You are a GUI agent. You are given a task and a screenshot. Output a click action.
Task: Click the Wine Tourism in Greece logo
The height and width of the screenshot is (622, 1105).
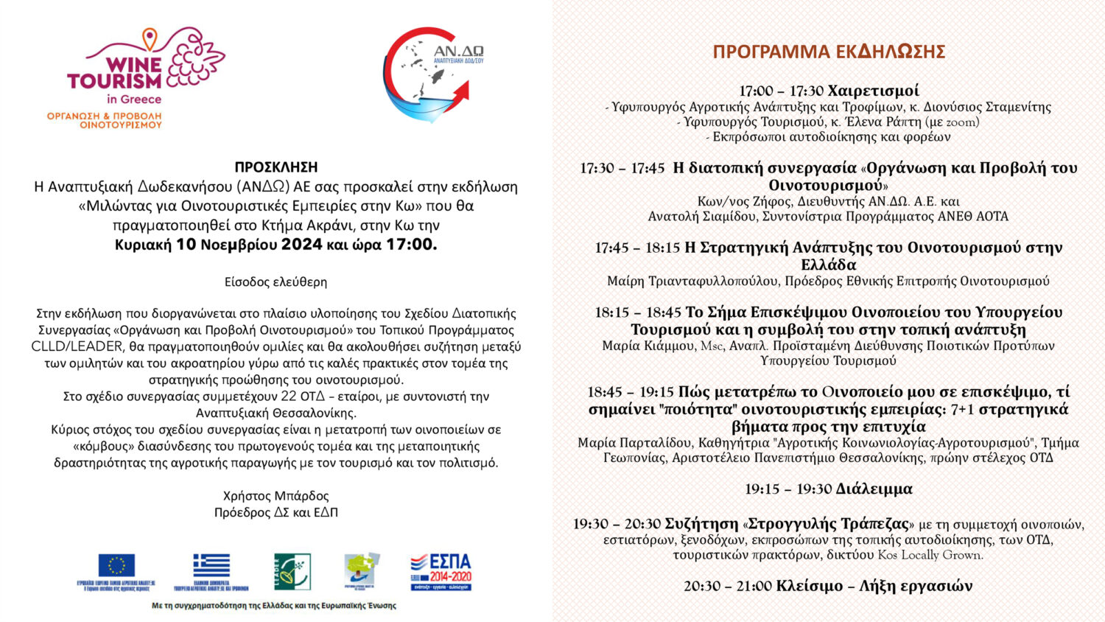pyautogui.click(x=145, y=77)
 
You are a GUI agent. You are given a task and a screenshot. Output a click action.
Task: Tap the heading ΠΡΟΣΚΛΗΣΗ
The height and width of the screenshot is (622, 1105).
pyautogui.click(x=276, y=167)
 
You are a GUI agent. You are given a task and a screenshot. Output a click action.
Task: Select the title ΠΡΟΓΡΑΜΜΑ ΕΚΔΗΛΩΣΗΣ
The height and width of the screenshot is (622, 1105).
pyautogui.click(x=829, y=52)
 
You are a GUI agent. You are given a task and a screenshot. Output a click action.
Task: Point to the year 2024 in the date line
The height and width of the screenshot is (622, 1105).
pyautogui.click(x=301, y=245)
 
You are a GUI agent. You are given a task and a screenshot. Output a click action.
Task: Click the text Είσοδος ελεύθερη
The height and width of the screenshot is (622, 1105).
pyautogui.click(x=276, y=282)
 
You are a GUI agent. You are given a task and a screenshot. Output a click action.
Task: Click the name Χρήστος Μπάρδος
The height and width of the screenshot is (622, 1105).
pyautogui.click(x=276, y=496)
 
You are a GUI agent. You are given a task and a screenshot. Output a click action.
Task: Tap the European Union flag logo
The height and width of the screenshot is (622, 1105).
pyautogui.click(x=116, y=566)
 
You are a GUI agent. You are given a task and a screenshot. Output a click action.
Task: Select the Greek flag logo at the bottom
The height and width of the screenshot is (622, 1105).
pyautogui.click(x=211, y=566)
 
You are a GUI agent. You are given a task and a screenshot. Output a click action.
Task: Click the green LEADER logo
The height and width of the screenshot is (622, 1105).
pyautogui.click(x=292, y=572)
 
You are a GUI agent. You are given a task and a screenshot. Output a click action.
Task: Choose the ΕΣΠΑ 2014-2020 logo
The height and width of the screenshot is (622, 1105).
pyautogui.click(x=441, y=572)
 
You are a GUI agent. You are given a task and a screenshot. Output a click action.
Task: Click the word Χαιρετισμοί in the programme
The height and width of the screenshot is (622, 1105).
pyautogui.click(x=873, y=91)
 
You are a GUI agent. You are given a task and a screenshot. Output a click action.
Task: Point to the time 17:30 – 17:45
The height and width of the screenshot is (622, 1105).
pyautogui.click(x=622, y=168)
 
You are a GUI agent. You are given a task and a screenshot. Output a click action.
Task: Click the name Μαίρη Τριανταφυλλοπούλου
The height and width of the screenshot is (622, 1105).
pyautogui.click(x=692, y=281)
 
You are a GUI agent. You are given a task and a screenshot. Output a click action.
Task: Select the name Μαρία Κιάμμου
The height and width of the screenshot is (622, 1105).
pyautogui.click(x=648, y=346)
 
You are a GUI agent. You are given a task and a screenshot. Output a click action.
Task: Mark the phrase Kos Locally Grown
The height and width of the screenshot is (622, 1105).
pyautogui.click(x=930, y=555)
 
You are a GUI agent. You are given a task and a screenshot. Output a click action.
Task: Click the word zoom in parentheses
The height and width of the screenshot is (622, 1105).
pyautogui.click(x=961, y=122)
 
